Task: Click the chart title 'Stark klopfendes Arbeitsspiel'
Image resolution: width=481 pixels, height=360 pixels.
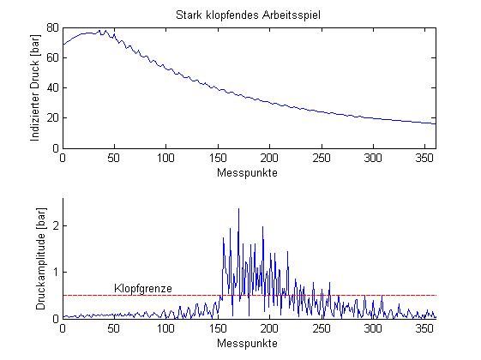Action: (248, 15)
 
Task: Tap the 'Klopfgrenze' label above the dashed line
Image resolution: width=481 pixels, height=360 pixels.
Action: (143, 289)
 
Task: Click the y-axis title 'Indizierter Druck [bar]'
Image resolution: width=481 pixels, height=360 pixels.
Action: (35, 88)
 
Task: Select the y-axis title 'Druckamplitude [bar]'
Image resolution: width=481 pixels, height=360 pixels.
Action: (40, 259)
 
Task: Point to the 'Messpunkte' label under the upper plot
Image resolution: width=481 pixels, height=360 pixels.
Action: (247, 172)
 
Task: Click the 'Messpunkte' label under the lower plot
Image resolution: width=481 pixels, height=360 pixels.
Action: (247, 343)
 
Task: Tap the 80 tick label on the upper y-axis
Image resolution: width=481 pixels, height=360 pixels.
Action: (52, 28)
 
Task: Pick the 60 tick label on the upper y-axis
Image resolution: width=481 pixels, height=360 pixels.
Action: (52, 57)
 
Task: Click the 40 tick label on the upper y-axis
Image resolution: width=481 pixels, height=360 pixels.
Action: (52, 87)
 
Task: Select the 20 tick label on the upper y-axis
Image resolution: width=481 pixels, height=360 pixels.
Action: (52, 117)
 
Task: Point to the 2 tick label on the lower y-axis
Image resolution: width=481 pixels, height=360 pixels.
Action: (56, 226)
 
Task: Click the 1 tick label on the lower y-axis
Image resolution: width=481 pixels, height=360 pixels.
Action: (56, 273)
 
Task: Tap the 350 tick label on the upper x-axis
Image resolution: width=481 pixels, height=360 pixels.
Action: (425, 158)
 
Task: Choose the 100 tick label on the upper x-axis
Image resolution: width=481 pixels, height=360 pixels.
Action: (165, 158)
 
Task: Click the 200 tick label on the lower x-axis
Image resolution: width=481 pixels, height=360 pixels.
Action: (269, 328)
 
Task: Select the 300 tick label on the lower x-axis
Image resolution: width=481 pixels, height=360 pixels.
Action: (373, 328)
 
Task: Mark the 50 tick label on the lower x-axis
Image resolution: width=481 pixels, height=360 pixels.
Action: (114, 328)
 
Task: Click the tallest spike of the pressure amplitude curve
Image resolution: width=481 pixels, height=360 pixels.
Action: (238, 209)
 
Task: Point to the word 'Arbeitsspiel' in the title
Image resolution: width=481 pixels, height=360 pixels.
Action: (292, 15)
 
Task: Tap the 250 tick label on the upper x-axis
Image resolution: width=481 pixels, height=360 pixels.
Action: (322, 158)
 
